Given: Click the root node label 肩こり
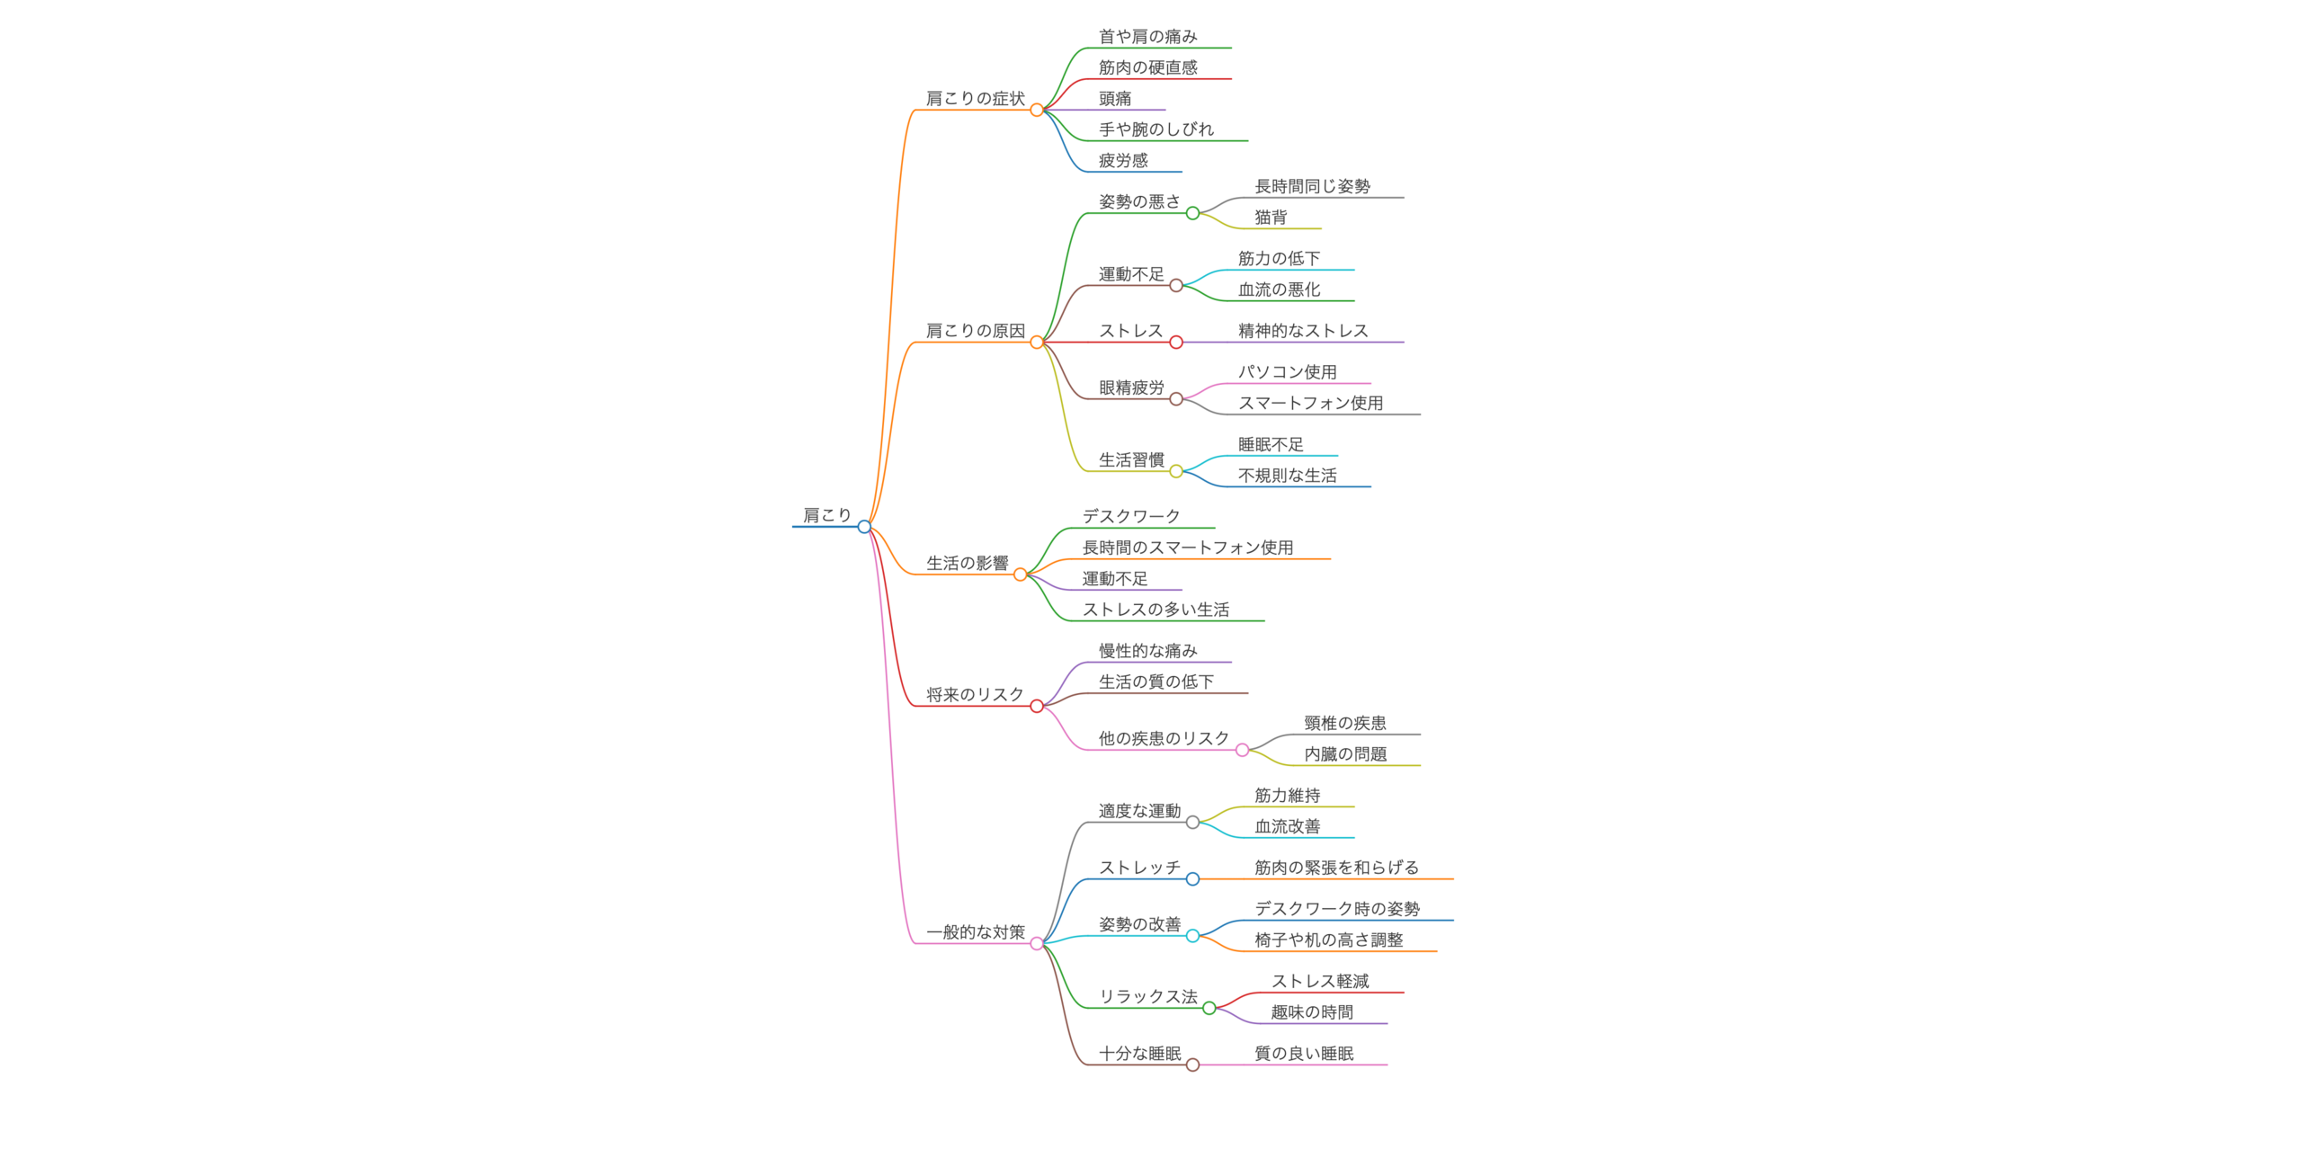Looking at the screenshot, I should tap(826, 515).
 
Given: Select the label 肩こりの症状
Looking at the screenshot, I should tap(975, 98).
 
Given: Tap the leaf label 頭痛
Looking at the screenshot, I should tap(1115, 98).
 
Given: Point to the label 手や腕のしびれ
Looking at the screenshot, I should tap(1155, 129).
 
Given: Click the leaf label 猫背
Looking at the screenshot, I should tap(1271, 218).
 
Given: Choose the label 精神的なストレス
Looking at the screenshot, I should tap(1303, 331).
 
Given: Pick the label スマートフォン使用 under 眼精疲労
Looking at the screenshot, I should tap(1310, 404).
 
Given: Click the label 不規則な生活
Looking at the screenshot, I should tap(1287, 476).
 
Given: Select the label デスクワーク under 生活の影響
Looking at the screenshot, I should tap(1130, 516).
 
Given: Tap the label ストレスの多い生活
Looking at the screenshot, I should tap(1155, 610).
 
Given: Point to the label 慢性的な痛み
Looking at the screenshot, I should tap(1147, 651).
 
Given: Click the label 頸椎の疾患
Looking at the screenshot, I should tap(1344, 723).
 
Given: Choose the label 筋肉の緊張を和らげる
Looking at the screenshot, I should tap(1336, 868).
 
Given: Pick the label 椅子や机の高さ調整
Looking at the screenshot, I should tap(1328, 940).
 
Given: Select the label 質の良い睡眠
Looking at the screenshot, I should tap(1304, 1054).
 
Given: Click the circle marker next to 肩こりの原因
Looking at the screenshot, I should tap(1037, 343).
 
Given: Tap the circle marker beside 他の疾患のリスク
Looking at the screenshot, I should tap(1242, 750).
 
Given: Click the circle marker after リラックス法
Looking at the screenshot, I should tap(1209, 1008).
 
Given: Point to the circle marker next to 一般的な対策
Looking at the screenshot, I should tap(1037, 944).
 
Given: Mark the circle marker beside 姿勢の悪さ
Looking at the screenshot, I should tap(1192, 213).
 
